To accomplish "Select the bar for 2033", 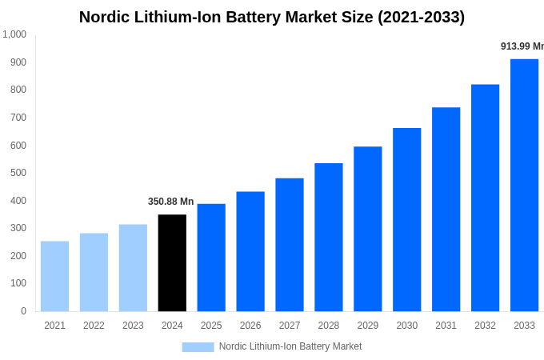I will click(x=524, y=185).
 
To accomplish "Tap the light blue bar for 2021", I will click(x=54, y=276).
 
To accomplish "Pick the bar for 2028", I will click(x=328, y=237).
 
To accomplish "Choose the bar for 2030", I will click(x=406, y=219).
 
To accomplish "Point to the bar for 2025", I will click(x=211, y=257).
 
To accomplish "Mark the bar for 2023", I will click(x=133, y=267).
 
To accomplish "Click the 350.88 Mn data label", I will click(x=170, y=202).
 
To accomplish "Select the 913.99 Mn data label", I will click(x=522, y=46).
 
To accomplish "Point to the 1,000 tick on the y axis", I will click(x=14, y=34).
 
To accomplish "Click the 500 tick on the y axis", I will click(x=18, y=173).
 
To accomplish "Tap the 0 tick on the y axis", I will click(x=23, y=311).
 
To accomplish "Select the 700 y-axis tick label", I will click(x=18, y=118).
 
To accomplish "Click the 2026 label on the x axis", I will click(x=250, y=326).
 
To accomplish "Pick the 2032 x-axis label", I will click(x=485, y=326).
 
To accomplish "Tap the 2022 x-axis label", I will click(x=94, y=326).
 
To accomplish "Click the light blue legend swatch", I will click(x=198, y=347).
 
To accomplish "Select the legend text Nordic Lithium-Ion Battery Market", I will click(x=290, y=346).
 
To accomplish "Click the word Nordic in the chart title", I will click(x=105, y=17).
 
